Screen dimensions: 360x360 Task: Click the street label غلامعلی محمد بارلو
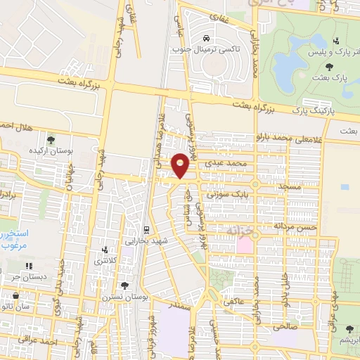tap(298, 137)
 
